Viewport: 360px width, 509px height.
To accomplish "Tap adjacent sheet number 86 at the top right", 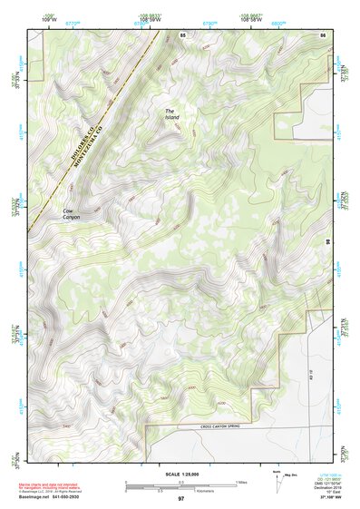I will point(322,34).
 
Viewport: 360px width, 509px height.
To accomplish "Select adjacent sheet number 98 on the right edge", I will point(327,240).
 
